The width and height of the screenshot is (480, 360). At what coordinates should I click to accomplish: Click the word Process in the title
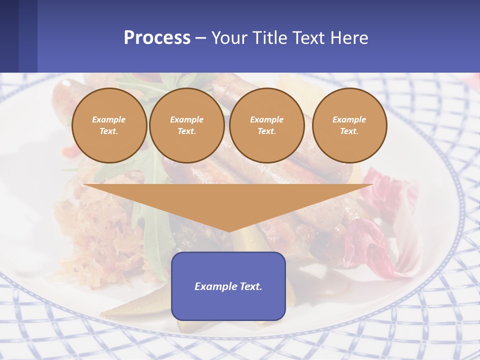point(157,37)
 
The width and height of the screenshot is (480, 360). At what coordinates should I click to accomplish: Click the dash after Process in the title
point(201,38)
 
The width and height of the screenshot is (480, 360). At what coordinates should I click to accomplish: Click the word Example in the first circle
point(109,119)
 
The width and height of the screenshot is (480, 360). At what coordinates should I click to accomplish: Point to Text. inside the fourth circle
point(349,131)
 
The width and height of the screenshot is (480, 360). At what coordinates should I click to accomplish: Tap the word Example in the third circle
point(266,119)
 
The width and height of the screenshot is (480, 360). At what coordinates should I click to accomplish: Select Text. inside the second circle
point(186,131)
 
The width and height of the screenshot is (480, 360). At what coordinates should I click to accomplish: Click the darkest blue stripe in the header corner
point(9,36)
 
